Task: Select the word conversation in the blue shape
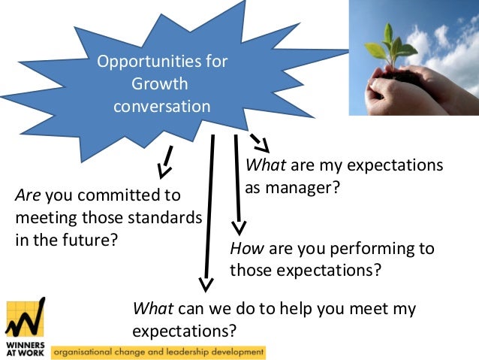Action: (x=161, y=106)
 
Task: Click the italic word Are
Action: (x=29, y=196)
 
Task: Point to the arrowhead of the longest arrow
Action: (x=205, y=283)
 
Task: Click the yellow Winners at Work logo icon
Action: (x=25, y=319)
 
